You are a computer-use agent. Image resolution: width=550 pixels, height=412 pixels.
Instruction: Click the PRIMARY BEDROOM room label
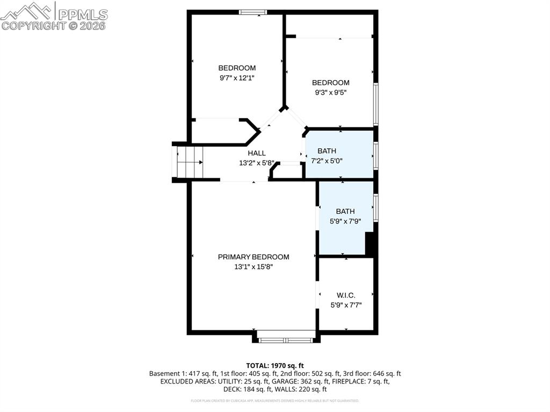(253, 257)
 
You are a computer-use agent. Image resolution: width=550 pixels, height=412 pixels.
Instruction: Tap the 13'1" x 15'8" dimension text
(253, 266)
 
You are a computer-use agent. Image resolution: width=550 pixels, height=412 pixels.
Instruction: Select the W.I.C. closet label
(346, 295)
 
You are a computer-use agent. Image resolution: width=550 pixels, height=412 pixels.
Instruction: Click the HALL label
(257, 153)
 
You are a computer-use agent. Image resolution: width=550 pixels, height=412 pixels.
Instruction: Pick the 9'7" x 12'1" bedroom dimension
(237, 77)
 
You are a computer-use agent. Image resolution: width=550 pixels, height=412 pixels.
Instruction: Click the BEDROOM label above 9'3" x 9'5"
(331, 82)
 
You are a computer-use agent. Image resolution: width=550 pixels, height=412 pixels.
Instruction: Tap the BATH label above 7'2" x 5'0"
(327, 151)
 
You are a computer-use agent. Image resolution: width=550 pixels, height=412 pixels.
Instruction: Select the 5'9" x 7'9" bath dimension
(345, 221)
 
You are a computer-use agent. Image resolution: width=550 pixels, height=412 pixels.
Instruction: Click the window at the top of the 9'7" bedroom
(252, 12)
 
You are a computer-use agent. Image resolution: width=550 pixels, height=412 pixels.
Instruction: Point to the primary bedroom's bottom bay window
(285, 339)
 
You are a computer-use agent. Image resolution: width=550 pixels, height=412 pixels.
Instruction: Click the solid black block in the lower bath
(370, 244)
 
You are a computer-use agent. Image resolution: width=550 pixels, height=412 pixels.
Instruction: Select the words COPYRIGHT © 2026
(54, 25)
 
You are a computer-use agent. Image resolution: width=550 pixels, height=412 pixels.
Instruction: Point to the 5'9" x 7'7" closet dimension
(346, 305)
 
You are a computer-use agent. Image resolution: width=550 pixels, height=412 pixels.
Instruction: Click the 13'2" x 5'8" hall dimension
(257, 163)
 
